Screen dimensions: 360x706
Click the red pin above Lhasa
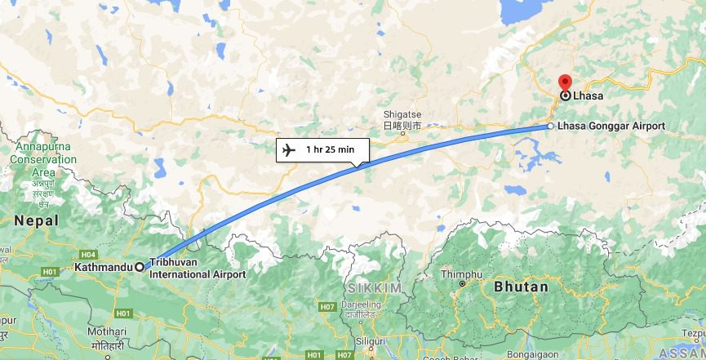pyautogui.click(x=565, y=82)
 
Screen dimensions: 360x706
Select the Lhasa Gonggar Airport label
pyautogui.click(x=611, y=127)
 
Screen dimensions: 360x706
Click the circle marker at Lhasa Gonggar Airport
pyautogui.click(x=550, y=127)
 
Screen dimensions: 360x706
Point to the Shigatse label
pyautogui.click(x=402, y=115)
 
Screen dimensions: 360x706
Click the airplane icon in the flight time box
pyautogui.click(x=288, y=149)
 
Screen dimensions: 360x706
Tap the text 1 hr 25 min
pyautogui.click(x=330, y=149)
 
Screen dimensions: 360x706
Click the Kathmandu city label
pyautogui.click(x=103, y=267)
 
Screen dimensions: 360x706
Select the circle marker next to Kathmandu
pyautogui.click(x=140, y=267)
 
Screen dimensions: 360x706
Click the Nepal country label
pyautogui.click(x=36, y=221)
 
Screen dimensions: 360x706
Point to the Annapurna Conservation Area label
pyautogui.click(x=42, y=159)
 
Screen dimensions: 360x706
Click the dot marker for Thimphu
pyautogui.click(x=462, y=284)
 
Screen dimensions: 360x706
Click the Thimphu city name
pyautogui.click(x=461, y=274)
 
